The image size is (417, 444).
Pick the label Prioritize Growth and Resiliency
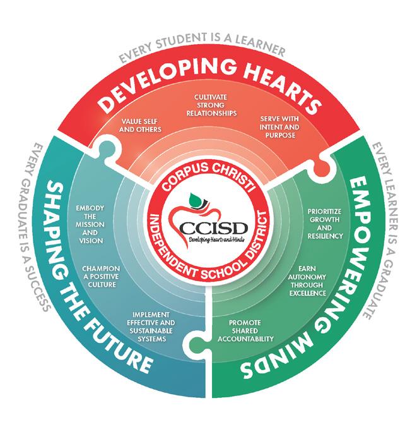click(x=324, y=223)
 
